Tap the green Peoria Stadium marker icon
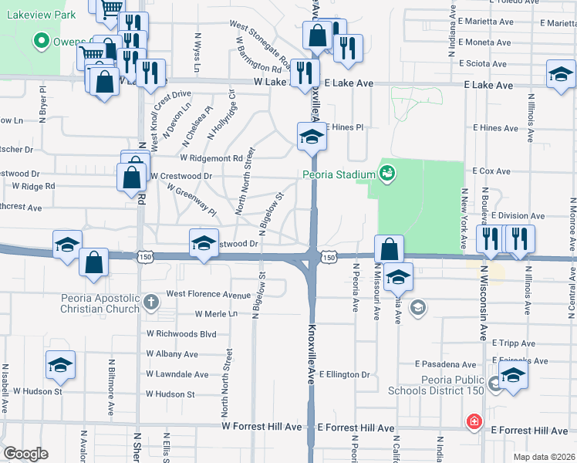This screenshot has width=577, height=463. [x=387, y=173]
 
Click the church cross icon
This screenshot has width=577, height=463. [x=150, y=302]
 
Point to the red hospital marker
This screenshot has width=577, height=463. [x=474, y=422]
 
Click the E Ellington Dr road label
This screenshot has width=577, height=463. [x=344, y=375]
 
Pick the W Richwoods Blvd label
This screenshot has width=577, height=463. [x=181, y=335]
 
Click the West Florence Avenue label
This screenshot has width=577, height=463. [x=208, y=294]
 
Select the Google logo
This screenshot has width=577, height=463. [x=26, y=453]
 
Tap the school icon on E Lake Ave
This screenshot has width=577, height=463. [x=561, y=75]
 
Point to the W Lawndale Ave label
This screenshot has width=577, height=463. [x=177, y=375]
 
